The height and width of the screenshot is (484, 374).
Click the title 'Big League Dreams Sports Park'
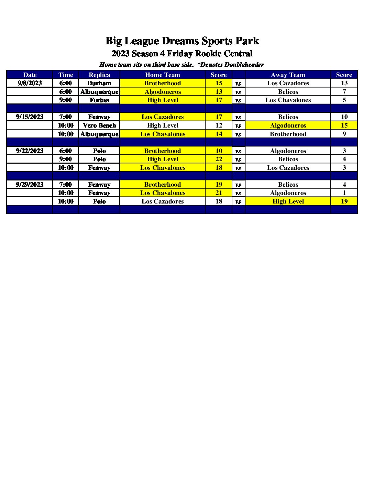(182, 41)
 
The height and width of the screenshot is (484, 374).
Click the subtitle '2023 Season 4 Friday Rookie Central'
(182, 54)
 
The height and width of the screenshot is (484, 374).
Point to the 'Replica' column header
(99, 75)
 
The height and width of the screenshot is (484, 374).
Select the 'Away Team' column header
(288, 75)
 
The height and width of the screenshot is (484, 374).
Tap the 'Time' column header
(66, 75)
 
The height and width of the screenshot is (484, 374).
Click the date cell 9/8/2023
(30, 83)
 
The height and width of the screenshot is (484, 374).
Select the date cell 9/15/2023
(30, 117)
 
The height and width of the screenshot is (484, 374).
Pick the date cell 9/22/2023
(30, 151)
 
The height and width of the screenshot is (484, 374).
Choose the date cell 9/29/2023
(30, 185)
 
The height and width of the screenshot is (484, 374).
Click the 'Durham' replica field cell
(99, 83)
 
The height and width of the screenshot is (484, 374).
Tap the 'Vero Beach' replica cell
(99, 125)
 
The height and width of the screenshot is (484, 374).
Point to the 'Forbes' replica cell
(99, 100)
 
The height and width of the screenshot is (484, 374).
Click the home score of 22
(219, 159)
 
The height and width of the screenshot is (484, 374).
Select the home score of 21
(219, 193)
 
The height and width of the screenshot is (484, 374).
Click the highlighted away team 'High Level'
(288, 201)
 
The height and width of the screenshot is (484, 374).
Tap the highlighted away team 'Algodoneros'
(288, 125)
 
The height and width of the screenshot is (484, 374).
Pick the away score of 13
(344, 83)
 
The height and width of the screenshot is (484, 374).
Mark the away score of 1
(344, 193)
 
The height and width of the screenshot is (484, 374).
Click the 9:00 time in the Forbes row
(66, 100)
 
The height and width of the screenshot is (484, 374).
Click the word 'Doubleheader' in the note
(244, 65)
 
